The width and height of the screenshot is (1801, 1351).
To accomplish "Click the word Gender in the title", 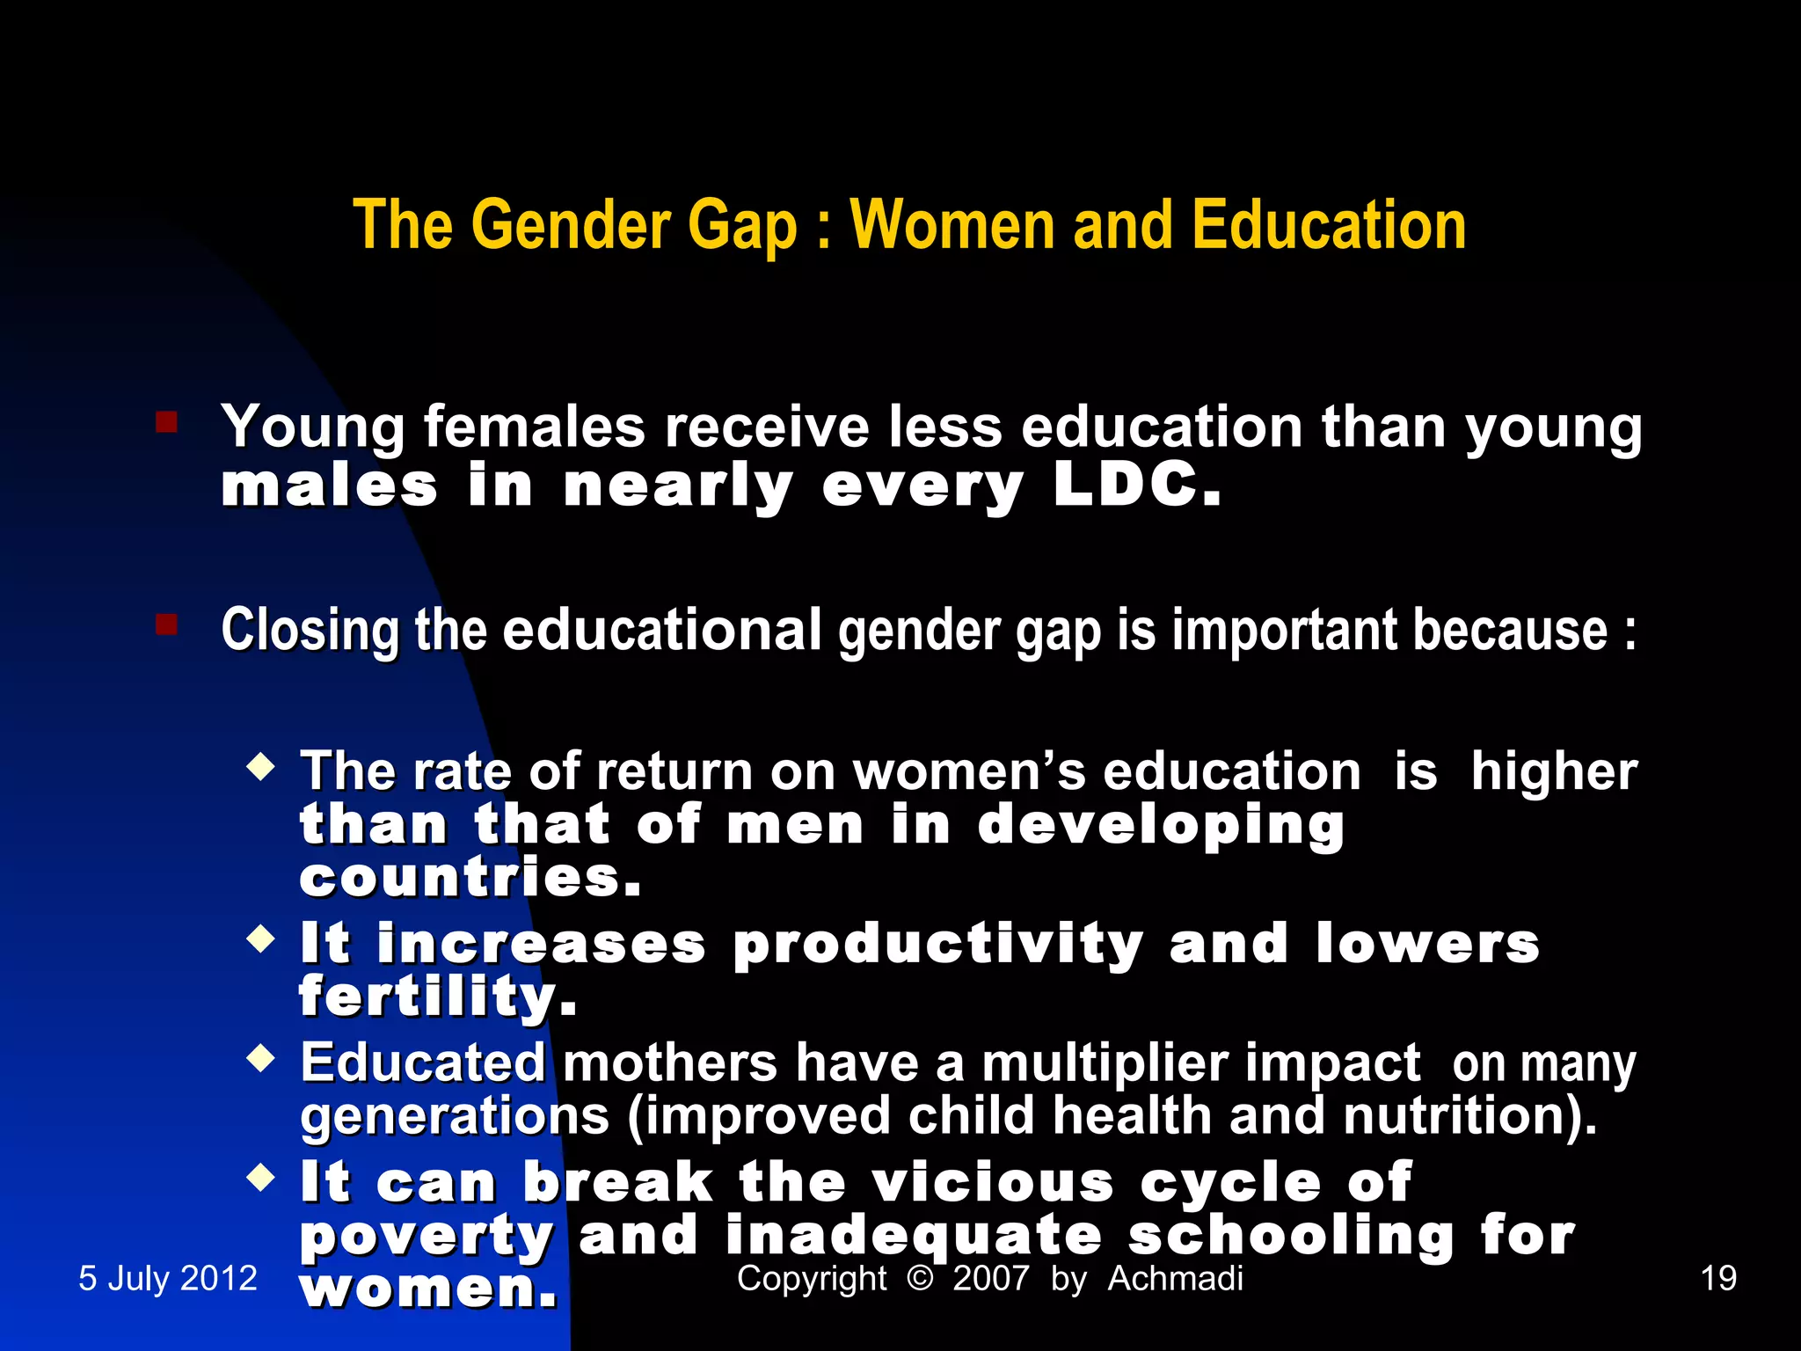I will click(576, 225).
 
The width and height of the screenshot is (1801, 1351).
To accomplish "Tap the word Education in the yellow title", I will click(1329, 225).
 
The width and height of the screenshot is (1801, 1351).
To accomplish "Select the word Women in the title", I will click(952, 225).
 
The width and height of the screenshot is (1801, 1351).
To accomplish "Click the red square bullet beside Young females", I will click(166, 423).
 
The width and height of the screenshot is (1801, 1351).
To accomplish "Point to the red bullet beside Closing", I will click(166, 624).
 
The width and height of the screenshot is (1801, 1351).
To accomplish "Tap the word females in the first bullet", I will click(535, 427).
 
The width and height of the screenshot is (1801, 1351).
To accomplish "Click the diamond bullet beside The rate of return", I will click(261, 767).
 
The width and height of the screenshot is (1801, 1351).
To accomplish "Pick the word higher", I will click(1554, 771).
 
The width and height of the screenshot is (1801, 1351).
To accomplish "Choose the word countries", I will click(470, 878).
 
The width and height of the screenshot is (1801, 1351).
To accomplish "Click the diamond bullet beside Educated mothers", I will click(261, 1057).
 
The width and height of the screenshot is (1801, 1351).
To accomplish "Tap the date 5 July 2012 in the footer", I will click(168, 1278).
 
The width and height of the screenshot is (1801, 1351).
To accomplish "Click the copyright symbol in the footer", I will click(919, 1278).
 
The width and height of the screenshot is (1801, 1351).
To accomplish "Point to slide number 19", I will click(1718, 1278).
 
